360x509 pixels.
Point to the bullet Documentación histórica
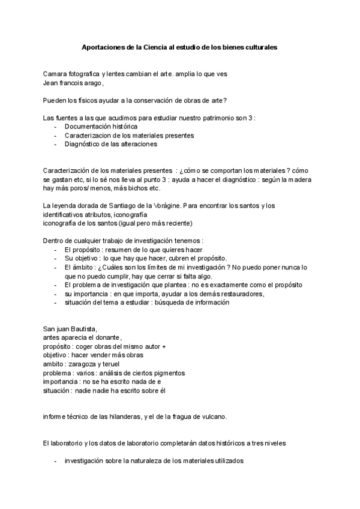pyautogui.click(x=101, y=127)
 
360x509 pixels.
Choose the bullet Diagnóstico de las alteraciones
pyautogui.click(x=111, y=144)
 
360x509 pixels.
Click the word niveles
pyautogui.click(x=273, y=444)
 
